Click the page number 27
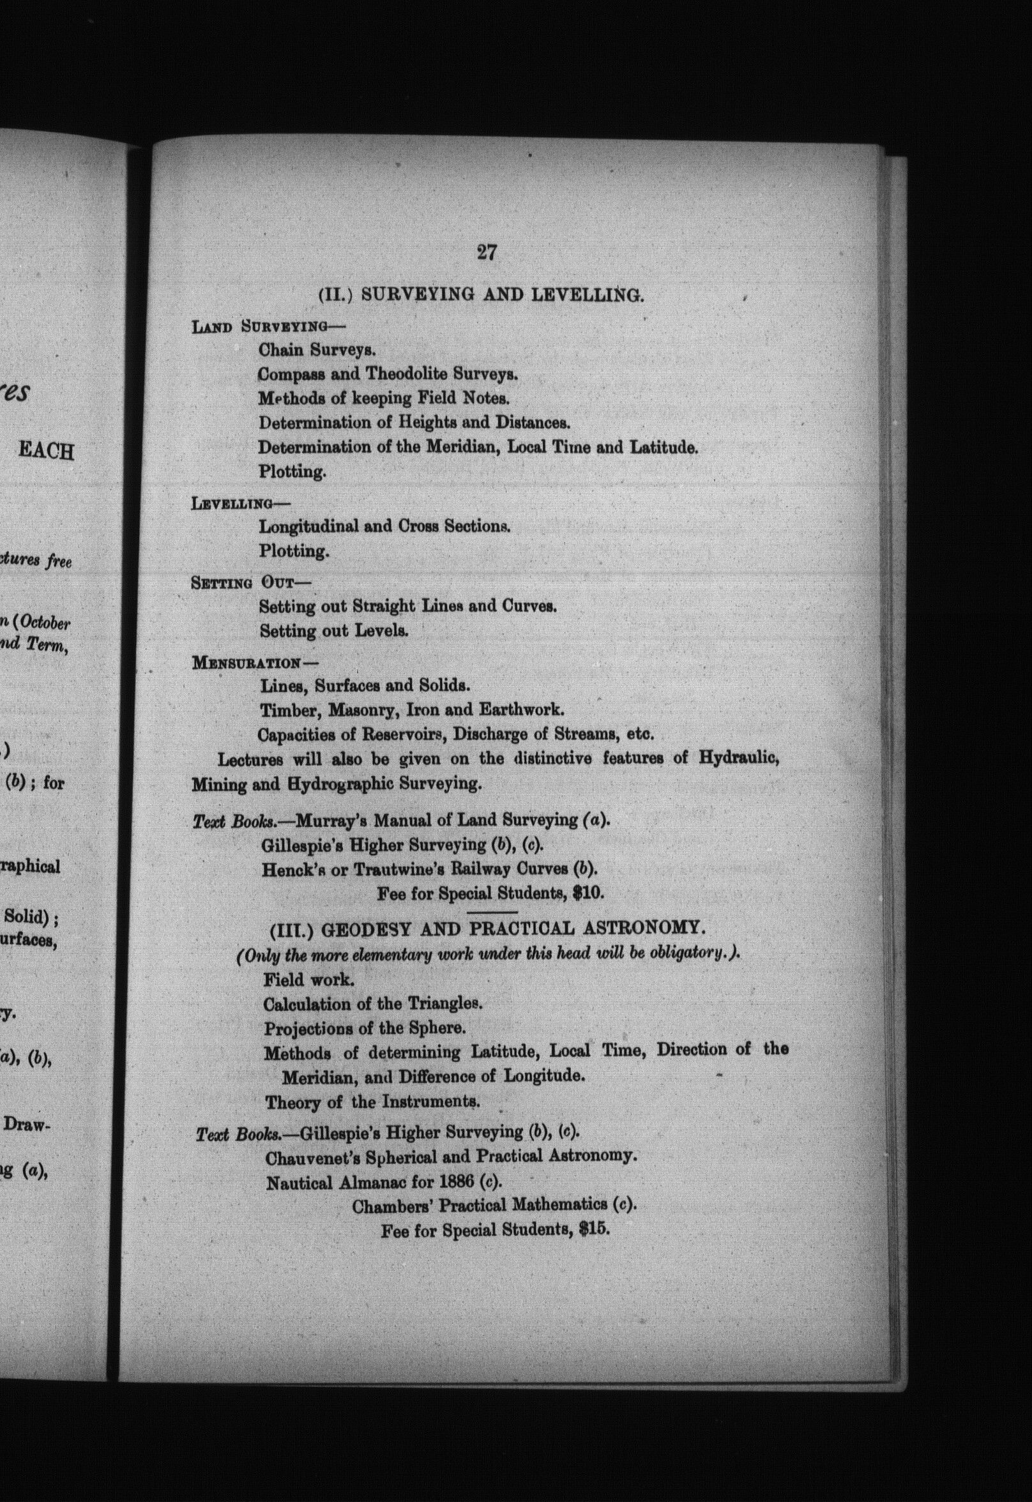(486, 252)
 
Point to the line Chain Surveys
(317, 350)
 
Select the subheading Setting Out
(243, 582)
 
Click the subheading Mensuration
(246, 663)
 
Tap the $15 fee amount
(595, 1230)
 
